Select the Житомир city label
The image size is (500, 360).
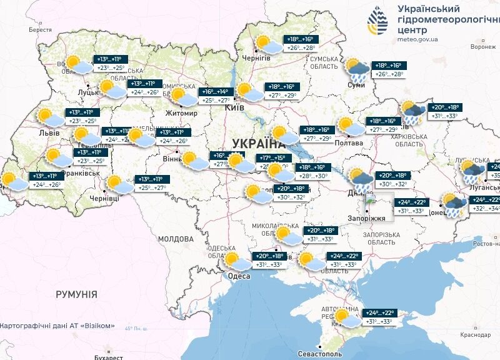tap(181, 113)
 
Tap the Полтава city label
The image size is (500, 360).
tap(348, 143)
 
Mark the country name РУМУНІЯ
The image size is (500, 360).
tap(76, 294)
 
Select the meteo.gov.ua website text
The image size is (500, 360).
tap(417, 39)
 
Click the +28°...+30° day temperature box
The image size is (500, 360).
tap(313, 176)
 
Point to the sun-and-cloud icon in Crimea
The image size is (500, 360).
tap(346, 318)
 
